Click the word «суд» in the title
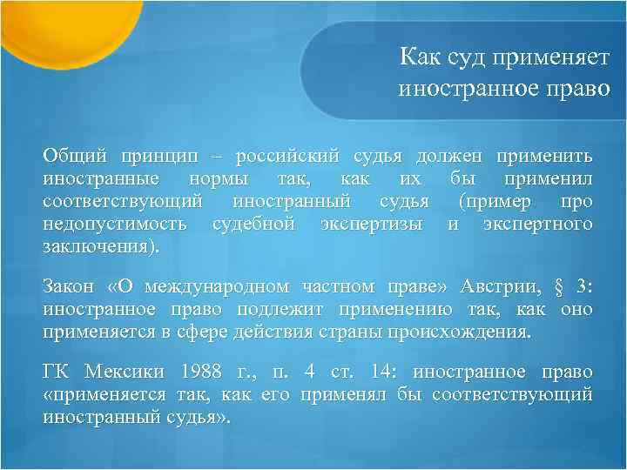click(x=465, y=58)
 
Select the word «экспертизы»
click(x=371, y=224)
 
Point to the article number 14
click(x=385, y=373)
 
